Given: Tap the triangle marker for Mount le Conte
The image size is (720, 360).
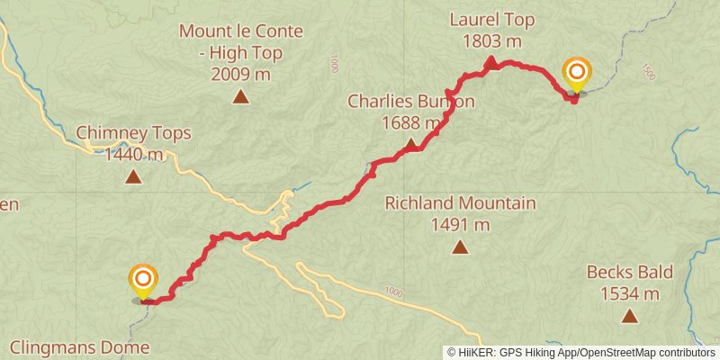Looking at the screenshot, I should tap(240, 97).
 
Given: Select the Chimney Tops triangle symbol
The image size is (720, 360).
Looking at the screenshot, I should tap(133, 176).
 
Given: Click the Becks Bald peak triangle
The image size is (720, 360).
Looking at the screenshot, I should tap(629, 316).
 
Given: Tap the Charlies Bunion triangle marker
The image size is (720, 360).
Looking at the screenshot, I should tap(411, 145).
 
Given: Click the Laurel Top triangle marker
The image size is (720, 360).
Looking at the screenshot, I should tap(491, 62).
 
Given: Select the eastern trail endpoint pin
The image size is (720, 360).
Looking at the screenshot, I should tap(576, 74).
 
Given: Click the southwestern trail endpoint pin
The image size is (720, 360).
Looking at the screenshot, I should tap(142, 281).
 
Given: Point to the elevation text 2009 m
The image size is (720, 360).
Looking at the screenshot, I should tap(240, 75).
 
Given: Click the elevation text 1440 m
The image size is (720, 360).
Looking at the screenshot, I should tap(133, 154).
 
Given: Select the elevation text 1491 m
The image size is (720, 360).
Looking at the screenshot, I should tap(460, 224).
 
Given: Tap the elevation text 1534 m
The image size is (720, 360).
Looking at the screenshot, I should tap(629, 293).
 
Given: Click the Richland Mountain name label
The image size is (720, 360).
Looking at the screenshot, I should tap(460, 203).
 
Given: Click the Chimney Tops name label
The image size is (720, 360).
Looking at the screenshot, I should tap(133, 133).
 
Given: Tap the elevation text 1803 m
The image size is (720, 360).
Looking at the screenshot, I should tap(491, 40).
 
